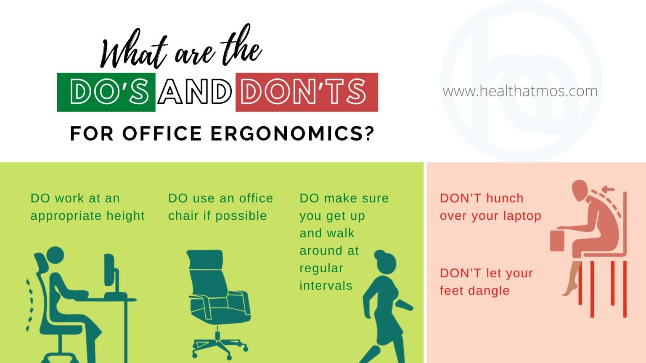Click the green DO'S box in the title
click(106, 92)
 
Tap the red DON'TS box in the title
click(307, 92)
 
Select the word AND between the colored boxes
click(195, 92)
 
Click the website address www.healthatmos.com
click(520, 91)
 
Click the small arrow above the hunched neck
click(607, 190)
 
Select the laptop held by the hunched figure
click(557, 240)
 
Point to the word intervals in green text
click(326, 285)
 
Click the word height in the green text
click(125, 216)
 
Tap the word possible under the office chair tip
click(241, 216)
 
